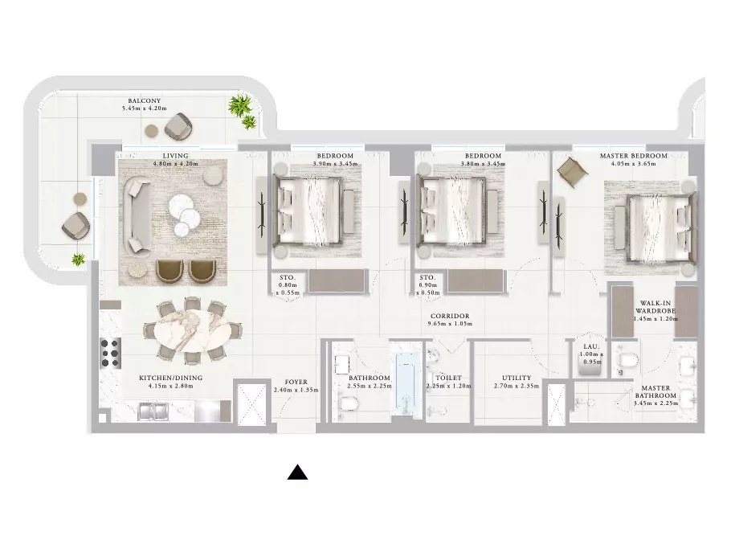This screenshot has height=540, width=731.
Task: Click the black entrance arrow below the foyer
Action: coord(297,472)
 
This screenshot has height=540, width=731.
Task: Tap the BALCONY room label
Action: coord(145,100)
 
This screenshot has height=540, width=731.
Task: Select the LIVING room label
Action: coord(176,156)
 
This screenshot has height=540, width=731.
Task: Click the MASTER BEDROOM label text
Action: coord(634,156)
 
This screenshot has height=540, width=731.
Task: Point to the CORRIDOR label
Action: coord(450,316)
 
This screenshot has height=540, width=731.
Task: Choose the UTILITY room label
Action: coord(517,378)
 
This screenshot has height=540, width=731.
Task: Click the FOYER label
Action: coord(296,382)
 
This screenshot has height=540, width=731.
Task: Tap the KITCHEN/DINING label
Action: coord(170,378)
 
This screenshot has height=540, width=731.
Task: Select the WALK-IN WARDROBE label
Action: coord(655,307)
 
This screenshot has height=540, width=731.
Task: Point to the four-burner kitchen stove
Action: coord(111,353)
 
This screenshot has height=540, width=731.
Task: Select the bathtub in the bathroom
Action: coord(406,382)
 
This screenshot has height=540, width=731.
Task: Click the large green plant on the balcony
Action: coord(239,105)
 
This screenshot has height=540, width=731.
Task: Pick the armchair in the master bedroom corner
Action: coord(573,172)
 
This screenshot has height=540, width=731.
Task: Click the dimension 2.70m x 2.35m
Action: coord(517,386)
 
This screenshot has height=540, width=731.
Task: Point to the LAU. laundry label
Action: coord(591,347)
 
